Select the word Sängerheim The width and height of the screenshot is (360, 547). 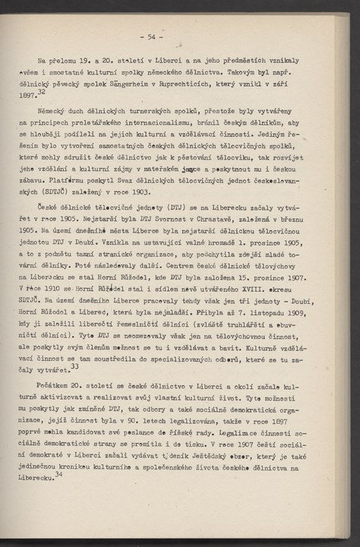pyautogui.click(x=162, y=85)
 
